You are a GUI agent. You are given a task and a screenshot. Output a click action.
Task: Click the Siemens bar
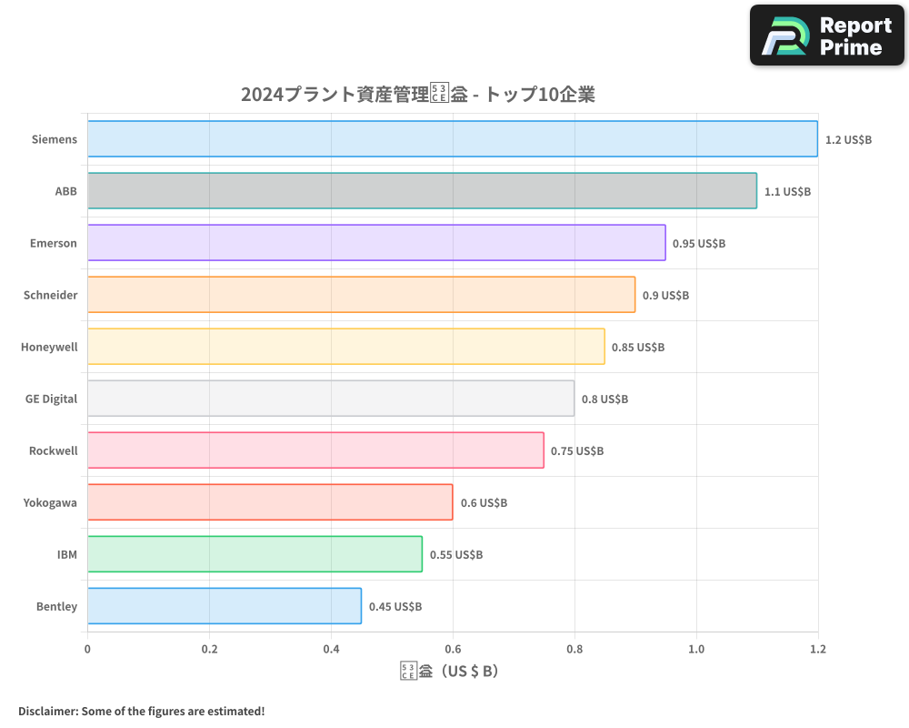click(453, 139)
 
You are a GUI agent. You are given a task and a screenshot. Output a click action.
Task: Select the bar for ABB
click(422, 191)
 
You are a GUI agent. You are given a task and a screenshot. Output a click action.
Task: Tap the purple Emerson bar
click(376, 243)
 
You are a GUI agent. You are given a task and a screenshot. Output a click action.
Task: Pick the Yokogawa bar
click(270, 502)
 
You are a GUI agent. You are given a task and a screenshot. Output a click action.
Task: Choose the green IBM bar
click(255, 554)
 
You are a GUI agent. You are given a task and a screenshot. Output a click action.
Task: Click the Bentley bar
click(225, 606)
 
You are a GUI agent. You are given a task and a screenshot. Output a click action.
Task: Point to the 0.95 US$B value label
click(699, 244)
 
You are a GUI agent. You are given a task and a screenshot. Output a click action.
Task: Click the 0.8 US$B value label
click(604, 399)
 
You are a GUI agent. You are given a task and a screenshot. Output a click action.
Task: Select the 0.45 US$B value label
click(395, 607)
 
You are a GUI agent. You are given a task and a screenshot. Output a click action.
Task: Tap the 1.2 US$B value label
click(848, 140)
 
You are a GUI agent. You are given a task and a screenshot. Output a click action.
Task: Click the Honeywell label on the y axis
click(49, 347)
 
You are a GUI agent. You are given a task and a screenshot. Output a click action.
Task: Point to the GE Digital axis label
click(52, 399)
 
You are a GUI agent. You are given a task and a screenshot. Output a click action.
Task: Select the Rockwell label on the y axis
click(53, 450)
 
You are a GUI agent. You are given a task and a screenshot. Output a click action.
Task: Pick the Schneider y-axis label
click(51, 295)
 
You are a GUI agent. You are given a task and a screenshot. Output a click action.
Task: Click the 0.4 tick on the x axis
click(331, 650)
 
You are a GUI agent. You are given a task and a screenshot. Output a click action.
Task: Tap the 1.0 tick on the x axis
click(696, 650)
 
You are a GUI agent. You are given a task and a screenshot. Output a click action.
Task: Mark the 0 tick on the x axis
click(87, 650)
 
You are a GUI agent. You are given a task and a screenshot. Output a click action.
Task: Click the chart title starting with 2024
click(417, 95)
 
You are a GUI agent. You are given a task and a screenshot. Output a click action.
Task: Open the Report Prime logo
click(826, 35)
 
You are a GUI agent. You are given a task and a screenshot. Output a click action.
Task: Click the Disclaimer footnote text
click(142, 711)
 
